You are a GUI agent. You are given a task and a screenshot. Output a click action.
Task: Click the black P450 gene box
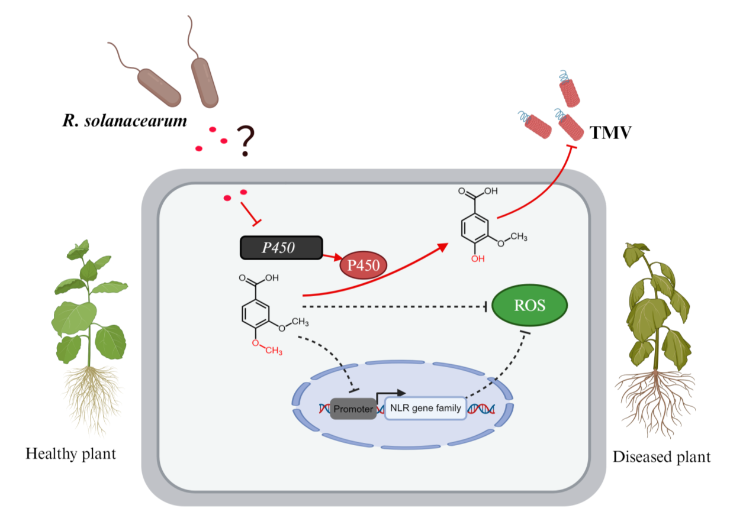coord(281,248)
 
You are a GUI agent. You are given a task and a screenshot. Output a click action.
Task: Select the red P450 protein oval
coord(363,265)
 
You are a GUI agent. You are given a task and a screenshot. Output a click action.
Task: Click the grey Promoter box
coord(353,409)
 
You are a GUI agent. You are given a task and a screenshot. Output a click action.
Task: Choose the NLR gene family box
coord(425,408)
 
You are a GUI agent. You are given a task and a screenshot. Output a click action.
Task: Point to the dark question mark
coord(244,141)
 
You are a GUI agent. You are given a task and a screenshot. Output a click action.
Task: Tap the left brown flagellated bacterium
coord(159,87)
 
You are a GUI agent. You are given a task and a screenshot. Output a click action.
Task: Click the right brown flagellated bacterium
coord(205,82)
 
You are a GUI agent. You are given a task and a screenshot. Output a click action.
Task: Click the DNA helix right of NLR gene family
coord(481,409)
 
